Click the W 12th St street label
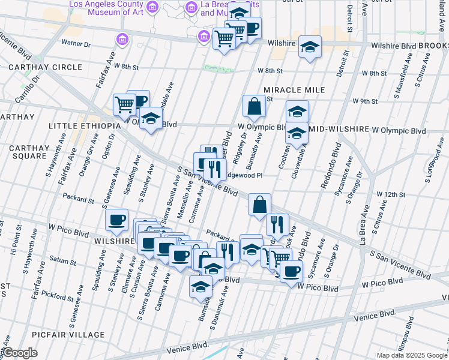coord(391,194)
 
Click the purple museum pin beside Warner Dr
coord(122,40)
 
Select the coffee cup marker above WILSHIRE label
coord(117,220)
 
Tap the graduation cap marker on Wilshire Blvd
coord(310,47)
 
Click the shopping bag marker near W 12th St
coord(260,205)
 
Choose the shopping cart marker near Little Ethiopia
coord(124,104)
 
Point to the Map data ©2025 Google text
coord(412,355)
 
